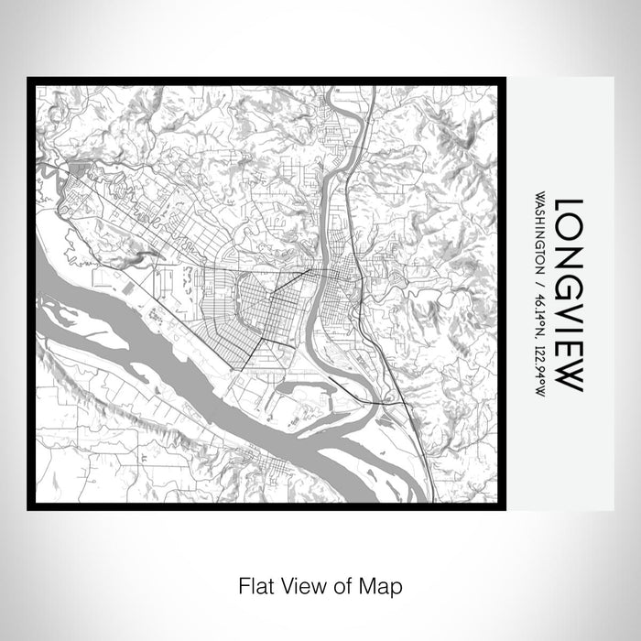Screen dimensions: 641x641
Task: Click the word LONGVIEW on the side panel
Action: pos(569,294)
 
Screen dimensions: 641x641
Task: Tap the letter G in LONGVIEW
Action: pos(569,277)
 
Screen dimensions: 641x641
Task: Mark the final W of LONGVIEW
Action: pos(569,375)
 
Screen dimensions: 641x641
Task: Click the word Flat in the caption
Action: pos(254,583)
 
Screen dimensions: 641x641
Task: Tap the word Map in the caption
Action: pos(383,583)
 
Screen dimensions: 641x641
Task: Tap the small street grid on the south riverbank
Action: pos(275,473)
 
